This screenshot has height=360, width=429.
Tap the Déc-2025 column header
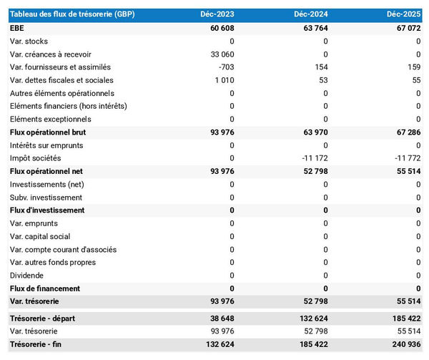(x=403, y=14)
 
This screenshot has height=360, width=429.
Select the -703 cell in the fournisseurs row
(x=225, y=67)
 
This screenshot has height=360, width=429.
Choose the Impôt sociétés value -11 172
(x=312, y=158)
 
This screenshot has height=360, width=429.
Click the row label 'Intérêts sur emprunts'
(x=46, y=145)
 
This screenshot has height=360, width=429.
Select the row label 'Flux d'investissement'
(x=47, y=210)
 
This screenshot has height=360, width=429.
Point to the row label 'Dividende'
(x=27, y=276)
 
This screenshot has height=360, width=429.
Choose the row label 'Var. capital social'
(x=40, y=236)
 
